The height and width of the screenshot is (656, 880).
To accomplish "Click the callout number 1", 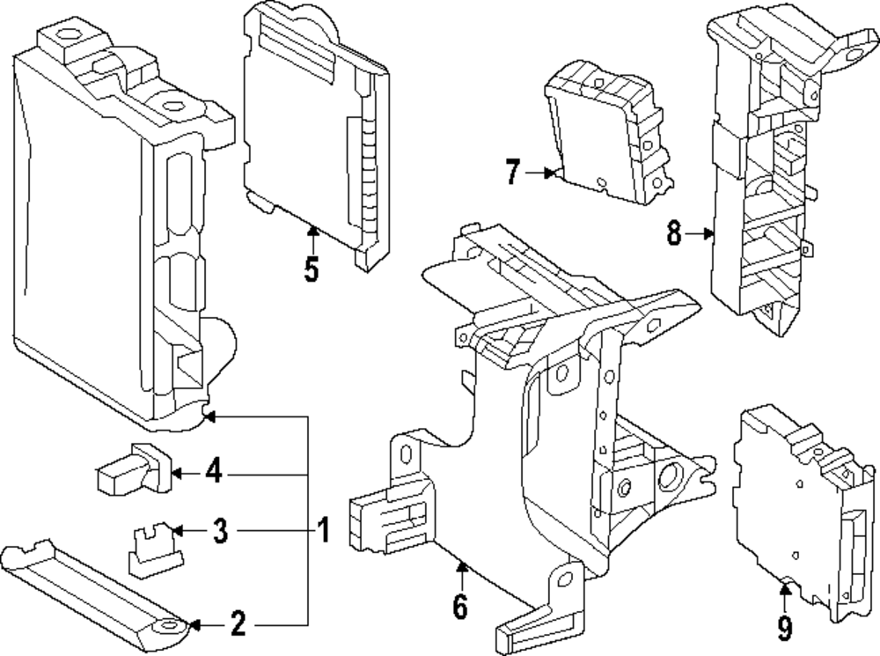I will pos(323,530).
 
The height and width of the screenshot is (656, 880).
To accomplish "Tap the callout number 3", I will pos(220,531).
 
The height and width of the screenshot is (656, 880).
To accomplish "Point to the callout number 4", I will pos(214,474).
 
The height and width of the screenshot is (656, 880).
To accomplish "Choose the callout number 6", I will pos(461,607).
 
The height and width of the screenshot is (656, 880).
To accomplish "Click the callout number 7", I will pos(513,173).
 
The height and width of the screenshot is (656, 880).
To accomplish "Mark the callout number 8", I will pos(674,233).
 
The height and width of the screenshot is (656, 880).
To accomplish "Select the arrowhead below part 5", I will pos(312,232).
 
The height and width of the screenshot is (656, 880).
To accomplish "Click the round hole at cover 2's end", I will pos(166,627).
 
